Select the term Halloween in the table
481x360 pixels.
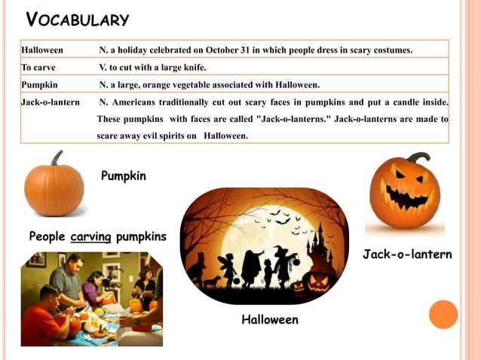[x=42, y=50]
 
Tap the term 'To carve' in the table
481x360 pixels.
[x=38, y=67]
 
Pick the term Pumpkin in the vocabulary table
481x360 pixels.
[x=40, y=84]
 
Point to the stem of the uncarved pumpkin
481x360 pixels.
[x=56, y=158]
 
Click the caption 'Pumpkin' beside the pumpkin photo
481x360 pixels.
[x=124, y=176]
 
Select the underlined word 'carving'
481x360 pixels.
[x=90, y=237]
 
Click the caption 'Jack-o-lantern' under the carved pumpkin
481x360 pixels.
[x=407, y=255]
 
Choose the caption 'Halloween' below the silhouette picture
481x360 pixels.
[x=270, y=320]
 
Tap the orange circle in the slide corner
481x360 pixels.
[x=443, y=314]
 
